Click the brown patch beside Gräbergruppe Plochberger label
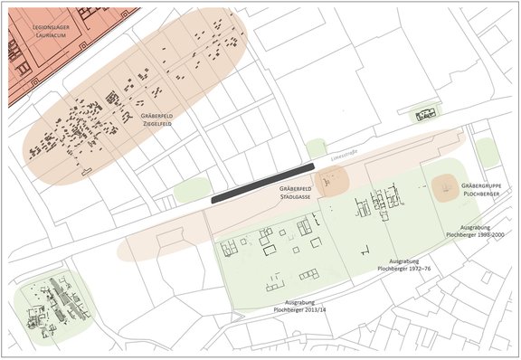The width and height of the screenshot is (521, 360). coord(446,189)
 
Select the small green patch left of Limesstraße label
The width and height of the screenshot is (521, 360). coord(315,147)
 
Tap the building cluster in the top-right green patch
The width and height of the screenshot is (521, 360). coord(423,115)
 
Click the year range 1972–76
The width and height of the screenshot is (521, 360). coord(418,268)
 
